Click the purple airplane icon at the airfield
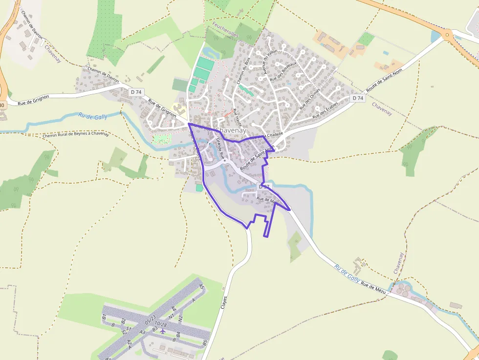[163, 332]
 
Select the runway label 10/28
[160, 324]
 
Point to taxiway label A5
[201, 286]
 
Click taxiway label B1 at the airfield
[104, 318]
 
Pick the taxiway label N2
[180, 318]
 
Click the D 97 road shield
[264, 187]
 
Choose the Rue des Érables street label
[326, 112]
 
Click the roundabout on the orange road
[446, 34]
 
